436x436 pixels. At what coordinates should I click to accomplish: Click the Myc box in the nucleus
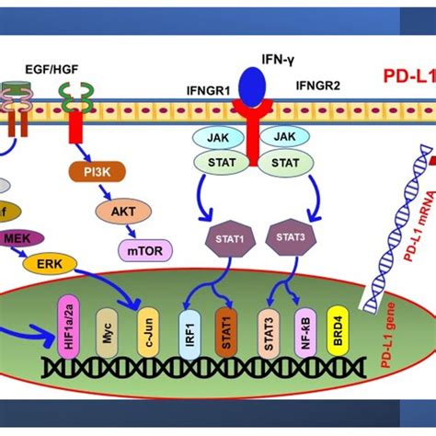[106, 328]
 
